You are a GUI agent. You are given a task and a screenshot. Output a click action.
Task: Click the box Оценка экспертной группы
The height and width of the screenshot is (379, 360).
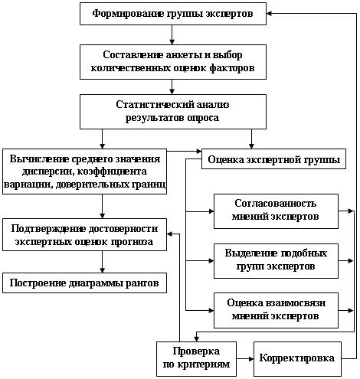tap(273, 160)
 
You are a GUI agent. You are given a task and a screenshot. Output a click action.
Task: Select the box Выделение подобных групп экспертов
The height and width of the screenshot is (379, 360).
tap(276, 259)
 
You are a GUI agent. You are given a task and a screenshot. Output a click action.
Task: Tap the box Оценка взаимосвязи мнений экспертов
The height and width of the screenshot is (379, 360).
tap(276, 309)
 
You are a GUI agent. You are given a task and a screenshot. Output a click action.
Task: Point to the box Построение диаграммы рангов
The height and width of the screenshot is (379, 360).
tap(85, 283)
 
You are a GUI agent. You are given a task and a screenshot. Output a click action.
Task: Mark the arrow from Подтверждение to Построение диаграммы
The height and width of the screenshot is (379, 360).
tap(102, 261)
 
